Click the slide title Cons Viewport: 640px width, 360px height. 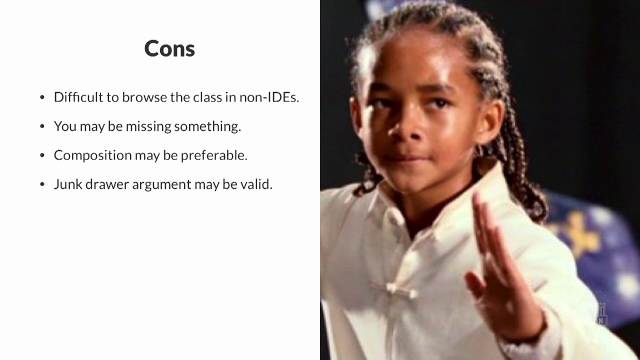click(169, 48)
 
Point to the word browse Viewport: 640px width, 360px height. click(144, 97)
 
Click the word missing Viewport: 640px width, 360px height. click(148, 126)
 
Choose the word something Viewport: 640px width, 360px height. click(207, 126)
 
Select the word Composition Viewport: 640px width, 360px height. click(92, 155)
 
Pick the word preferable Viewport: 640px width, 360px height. click(214, 155)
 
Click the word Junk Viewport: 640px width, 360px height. click(67, 184)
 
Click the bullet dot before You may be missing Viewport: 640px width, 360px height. click(42, 126)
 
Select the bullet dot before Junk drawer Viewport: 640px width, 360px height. click(42, 184)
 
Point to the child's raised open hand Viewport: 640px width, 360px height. click(495, 270)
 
